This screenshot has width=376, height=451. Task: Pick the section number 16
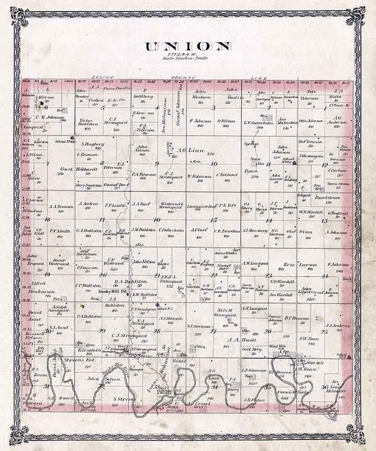point(157,219)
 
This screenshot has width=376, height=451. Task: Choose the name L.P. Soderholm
point(258,123)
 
